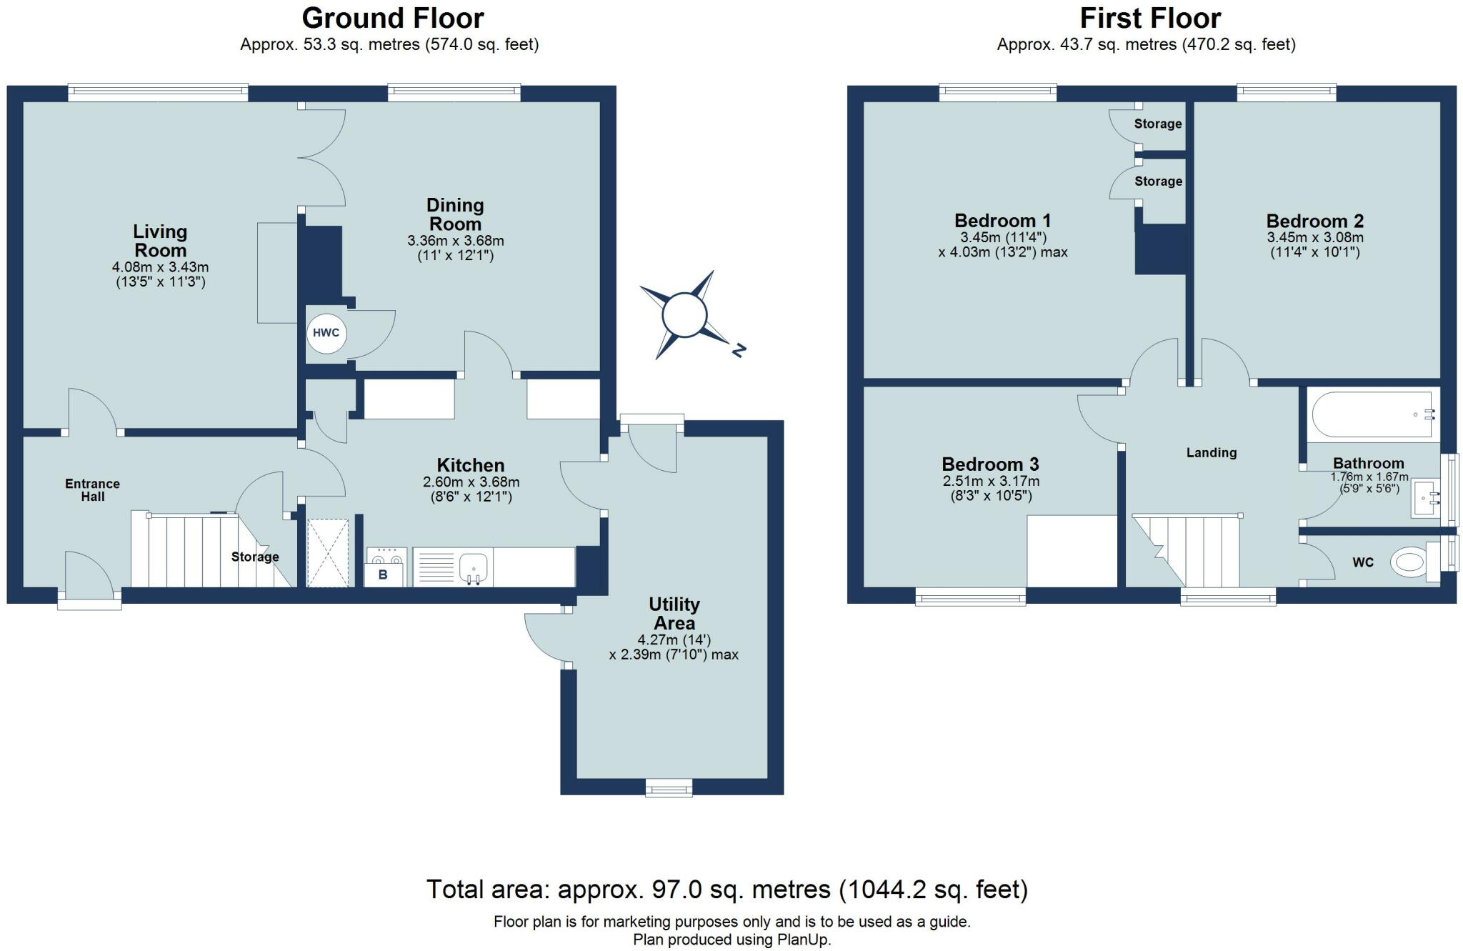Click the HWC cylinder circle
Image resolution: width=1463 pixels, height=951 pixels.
click(327, 334)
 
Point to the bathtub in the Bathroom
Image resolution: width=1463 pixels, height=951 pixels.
click(1373, 414)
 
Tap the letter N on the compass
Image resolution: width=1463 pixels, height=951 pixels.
click(739, 350)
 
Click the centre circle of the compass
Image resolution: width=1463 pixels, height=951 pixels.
click(685, 314)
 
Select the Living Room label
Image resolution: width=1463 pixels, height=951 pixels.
click(160, 241)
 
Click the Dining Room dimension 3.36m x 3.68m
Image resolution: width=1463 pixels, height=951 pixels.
click(455, 241)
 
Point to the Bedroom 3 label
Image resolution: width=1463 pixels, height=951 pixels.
click(990, 464)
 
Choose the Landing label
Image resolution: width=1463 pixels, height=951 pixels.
click(1212, 453)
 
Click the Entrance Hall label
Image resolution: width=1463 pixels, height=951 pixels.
click(92, 490)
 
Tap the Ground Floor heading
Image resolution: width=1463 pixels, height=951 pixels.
click(393, 18)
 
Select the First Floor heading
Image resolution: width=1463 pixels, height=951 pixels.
click(1151, 18)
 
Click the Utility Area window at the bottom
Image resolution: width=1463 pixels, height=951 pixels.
click(669, 787)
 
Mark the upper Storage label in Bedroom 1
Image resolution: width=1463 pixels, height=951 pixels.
click(1158, 124)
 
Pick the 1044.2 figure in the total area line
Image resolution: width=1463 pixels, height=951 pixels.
click(883, 890)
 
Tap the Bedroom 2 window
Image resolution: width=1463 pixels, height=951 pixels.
click(1287, 91)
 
